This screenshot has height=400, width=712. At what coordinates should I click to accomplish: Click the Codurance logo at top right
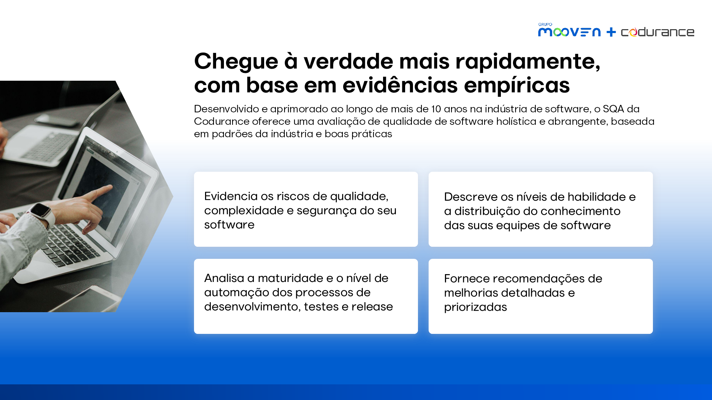[x=658, y=32]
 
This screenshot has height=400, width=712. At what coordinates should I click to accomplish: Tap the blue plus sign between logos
[x=611, y=32]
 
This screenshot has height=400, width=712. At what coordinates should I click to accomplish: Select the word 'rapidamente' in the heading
[x=528, y=62]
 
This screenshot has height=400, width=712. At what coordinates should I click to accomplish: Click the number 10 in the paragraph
[x=436, y=109]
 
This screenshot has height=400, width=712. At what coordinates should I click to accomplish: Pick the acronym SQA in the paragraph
[x=613, y=109]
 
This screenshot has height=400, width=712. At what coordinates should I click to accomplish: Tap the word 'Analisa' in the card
[x=224, y=278]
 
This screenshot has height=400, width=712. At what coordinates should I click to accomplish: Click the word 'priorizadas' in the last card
[x=476, y=307]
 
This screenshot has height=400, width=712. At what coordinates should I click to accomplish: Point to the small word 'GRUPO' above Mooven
[x=545, y=25]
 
